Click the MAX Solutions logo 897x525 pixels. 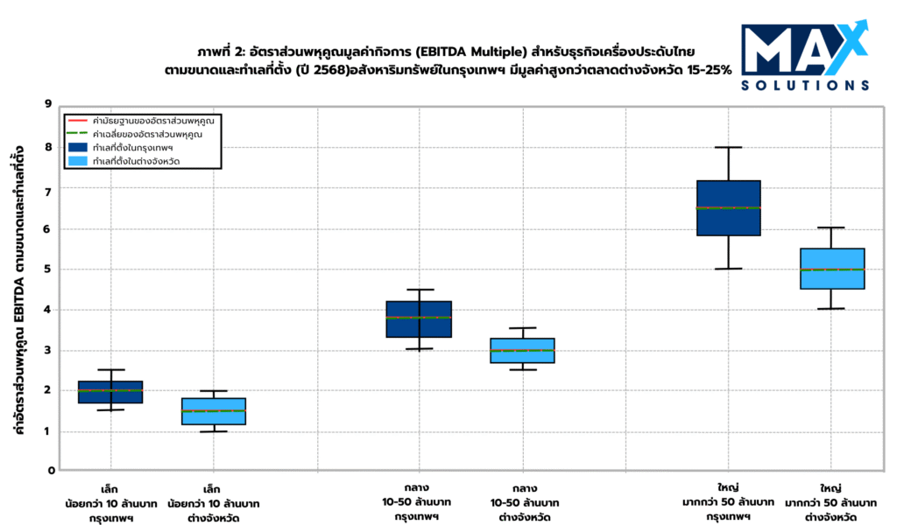tap(804, 55)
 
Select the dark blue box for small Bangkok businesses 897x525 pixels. tap(110, 392)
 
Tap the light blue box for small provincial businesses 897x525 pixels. tap(214, 411)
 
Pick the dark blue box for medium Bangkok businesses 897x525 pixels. tap(420, 318)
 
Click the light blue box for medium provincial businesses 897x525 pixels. tap(523, 350)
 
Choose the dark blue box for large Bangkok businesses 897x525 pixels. tap(728, 207)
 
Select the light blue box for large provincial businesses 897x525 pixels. tap(831, 269)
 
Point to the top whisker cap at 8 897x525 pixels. tap(728, 147)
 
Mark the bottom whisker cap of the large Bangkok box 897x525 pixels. tap(728, 269)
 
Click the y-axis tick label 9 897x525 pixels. tap(51, 104)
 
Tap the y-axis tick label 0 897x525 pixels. tap(51, 471)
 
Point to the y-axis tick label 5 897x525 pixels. tap(51, 269)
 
